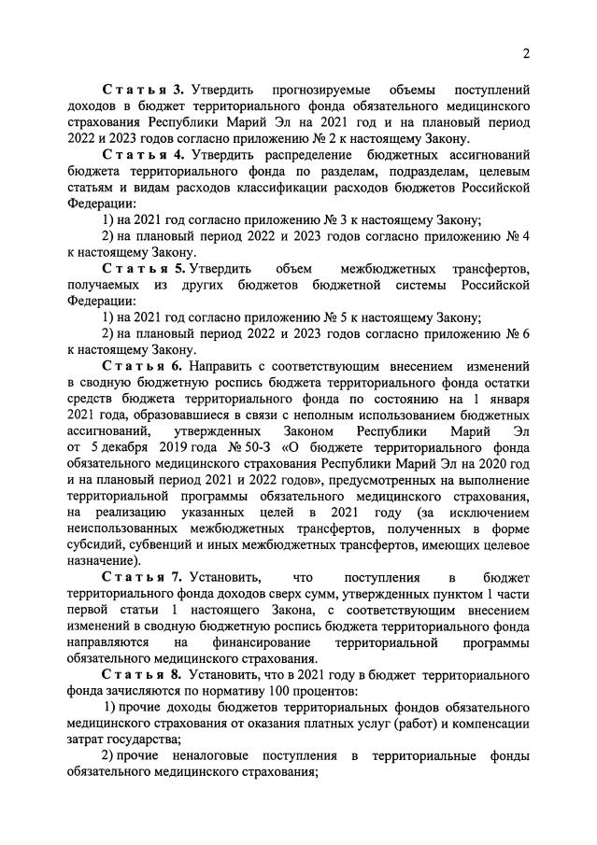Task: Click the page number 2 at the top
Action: [526, 53]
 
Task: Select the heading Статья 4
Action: [144, 154]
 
